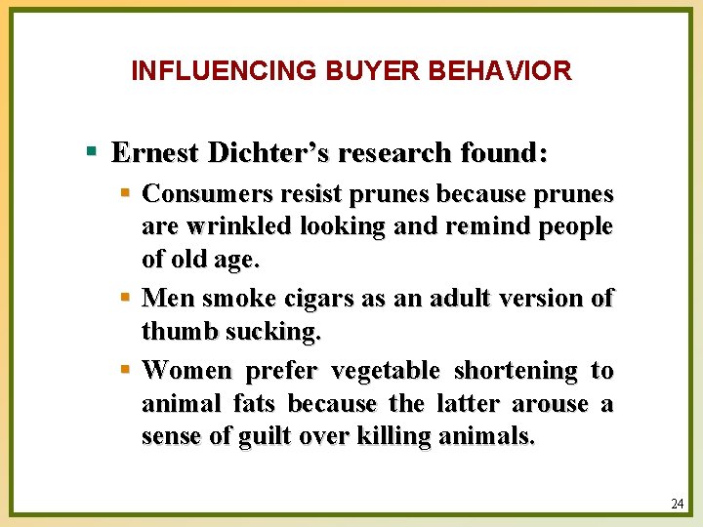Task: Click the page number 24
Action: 678,504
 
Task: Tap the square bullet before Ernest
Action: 91,152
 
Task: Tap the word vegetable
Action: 386,371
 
